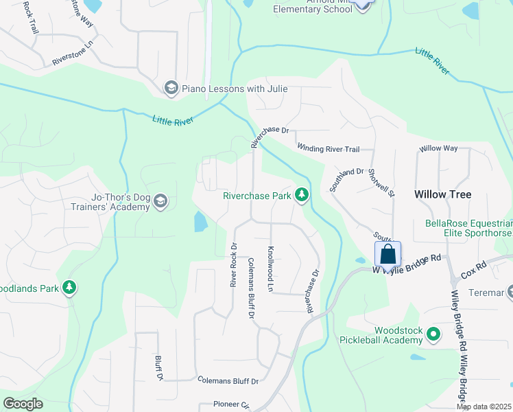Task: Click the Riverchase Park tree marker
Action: pos(300,196)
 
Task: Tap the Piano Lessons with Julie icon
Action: pos(171,88)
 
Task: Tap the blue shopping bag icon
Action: pos(387,255)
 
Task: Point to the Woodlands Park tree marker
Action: pos(69,288)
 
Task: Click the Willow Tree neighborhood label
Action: pos(442,195)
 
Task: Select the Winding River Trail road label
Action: pos(328,148)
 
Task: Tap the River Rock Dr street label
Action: pos(234,264)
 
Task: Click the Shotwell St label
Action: pos(381,183)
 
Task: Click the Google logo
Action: pos(23,404)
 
